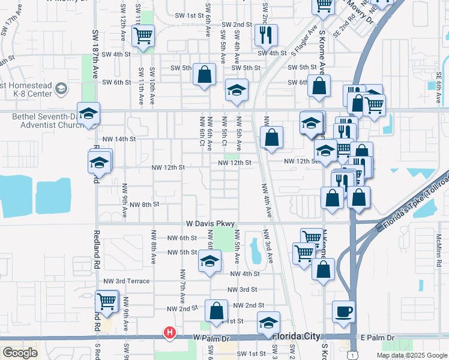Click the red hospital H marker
tap(170, 332)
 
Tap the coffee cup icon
tap(343, 311)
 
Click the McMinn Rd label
tap(439, 250)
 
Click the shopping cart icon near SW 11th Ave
tap(143, 35)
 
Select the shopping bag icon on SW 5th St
tap(204, 75)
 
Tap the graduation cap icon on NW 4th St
tap(209, 261)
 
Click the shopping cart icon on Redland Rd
tap(106, 301)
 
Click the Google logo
tap(20, 353)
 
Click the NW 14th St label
tap(119, 139)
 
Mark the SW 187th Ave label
tap(95, 55)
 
